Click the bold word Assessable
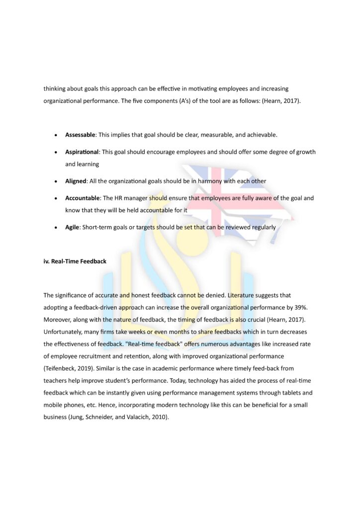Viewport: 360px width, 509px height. [81, 135]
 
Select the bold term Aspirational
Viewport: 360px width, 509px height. [83, 152]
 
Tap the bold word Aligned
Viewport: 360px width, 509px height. [76, 181]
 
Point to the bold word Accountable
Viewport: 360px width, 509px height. [83, 198]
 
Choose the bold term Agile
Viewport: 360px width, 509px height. [72, 227]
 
